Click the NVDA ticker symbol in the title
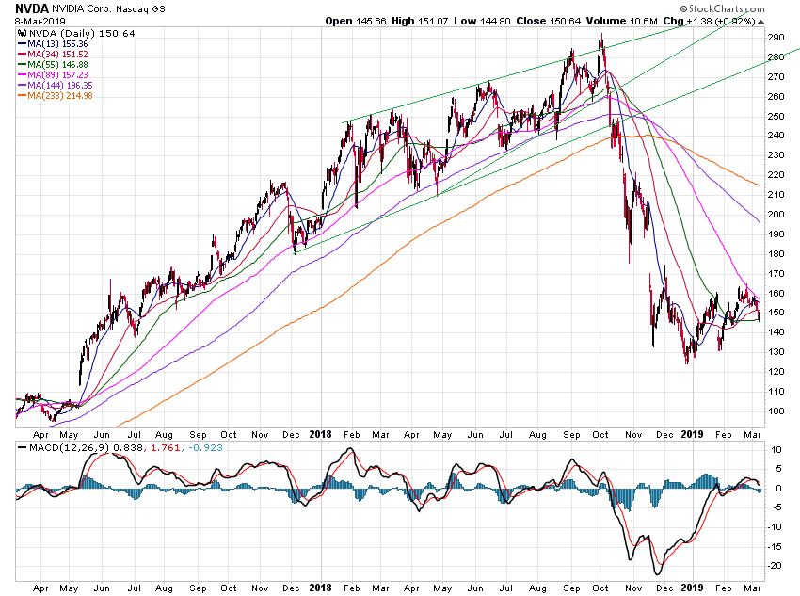tap(32, 8)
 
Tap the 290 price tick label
tap(776, 37)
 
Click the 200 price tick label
tap(776, 214)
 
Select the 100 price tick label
tap(776, 411)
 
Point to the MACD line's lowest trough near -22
tap(656, 573)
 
